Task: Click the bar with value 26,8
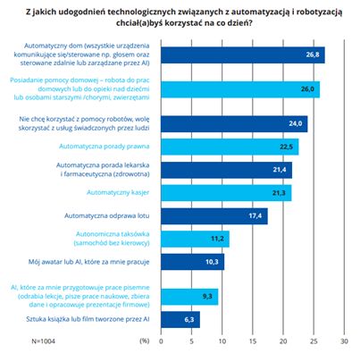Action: click(243, 55)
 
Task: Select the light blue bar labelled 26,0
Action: click(240, 89)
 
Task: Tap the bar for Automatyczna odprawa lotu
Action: click(214, 216)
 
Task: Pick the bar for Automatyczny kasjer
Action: click(226, 193)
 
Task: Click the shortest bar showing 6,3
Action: click(180, 320)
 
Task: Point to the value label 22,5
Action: click(286, 147)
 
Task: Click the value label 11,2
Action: click(217, 239)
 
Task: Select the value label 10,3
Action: click(212, 262)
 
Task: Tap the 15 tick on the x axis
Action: click(253, 341)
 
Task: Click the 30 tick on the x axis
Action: click(344, 341)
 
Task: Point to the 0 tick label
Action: click(161, 341)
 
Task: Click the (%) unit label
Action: click(145, 341)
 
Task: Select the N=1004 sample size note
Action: click(43, 341)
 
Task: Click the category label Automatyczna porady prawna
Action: click(105, 147)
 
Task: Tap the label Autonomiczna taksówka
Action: click(113, 234)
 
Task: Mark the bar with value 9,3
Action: click(189, 297)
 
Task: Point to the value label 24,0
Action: click(296, 123)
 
